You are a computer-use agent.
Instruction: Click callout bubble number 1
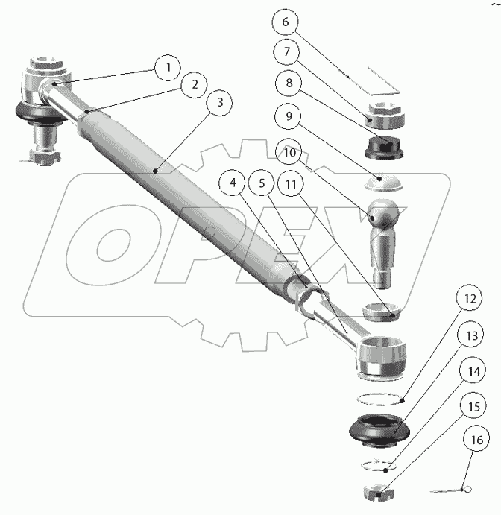(x=168, y=68)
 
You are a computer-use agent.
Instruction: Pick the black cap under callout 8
(x=385, y=148)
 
